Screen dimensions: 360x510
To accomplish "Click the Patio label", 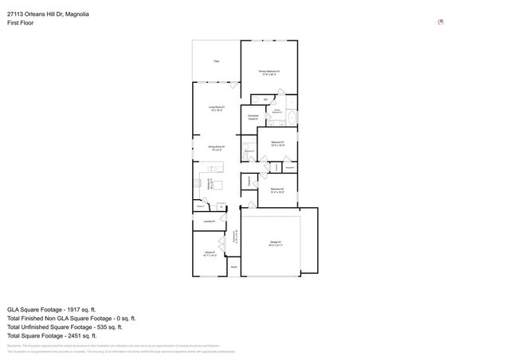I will point(216,61).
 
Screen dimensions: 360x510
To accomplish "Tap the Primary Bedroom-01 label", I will point(269,72).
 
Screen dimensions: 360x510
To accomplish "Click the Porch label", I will point(233,267).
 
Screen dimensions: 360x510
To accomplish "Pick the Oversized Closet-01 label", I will point(253,117).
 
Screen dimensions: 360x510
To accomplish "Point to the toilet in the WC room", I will point(271,98).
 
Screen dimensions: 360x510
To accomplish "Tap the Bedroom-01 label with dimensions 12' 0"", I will point(277,143).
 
